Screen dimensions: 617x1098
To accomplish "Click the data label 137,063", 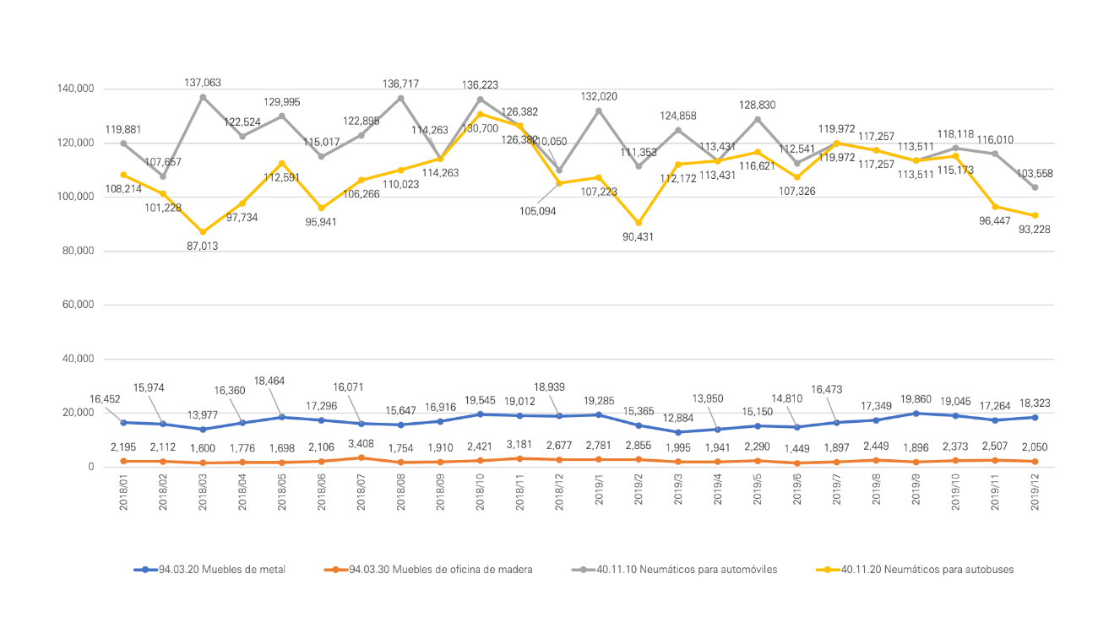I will (203, 83).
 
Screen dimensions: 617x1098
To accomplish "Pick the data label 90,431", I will (638, 237).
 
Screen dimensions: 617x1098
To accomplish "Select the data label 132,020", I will (598, 96).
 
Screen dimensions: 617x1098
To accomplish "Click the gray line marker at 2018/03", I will (203, 97).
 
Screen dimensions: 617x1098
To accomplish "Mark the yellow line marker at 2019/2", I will (638, 223).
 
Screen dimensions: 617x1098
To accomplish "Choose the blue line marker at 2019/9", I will (916, 414).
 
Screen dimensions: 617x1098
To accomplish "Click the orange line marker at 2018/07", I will (361, 457).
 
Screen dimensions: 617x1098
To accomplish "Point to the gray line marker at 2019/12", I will (1035, 187).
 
